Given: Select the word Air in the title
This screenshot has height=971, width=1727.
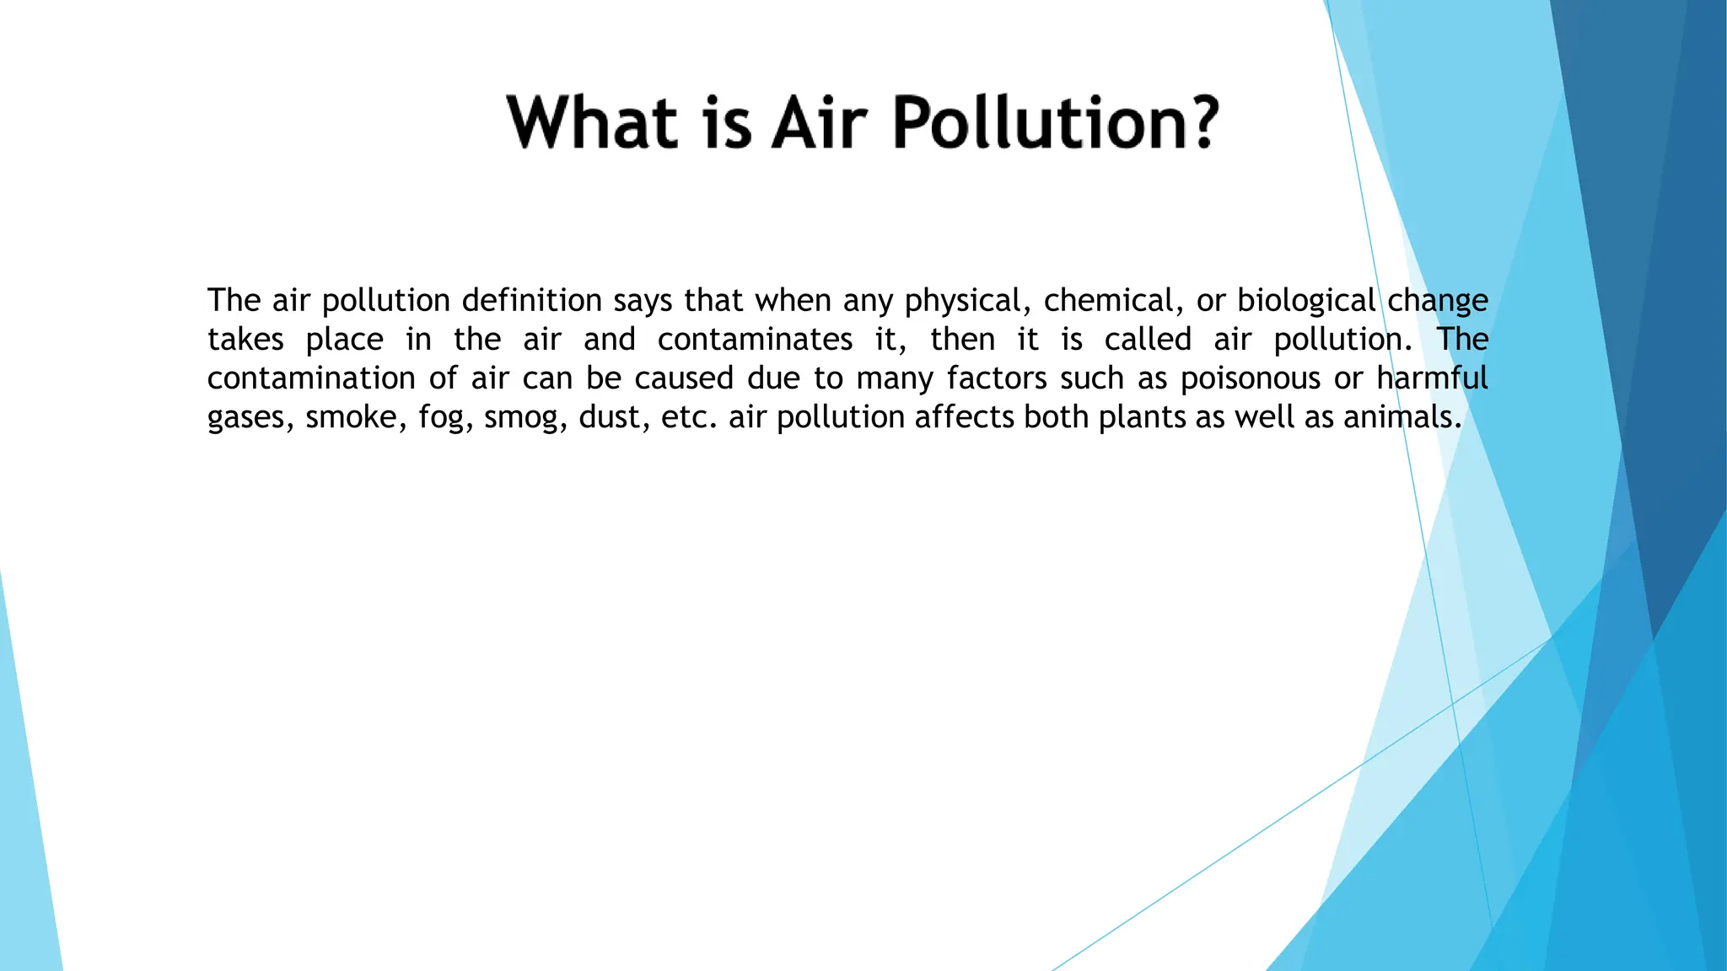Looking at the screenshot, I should [x=819, y=122].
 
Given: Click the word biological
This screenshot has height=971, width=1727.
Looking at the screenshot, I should [x=1306, y=301].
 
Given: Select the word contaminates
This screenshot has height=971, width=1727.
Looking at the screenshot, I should [x=755, y=340].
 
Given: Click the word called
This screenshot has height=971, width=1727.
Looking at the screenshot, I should [x=1148, y=340].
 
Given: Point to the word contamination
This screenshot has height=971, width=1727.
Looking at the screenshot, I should [x=311, y=378].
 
